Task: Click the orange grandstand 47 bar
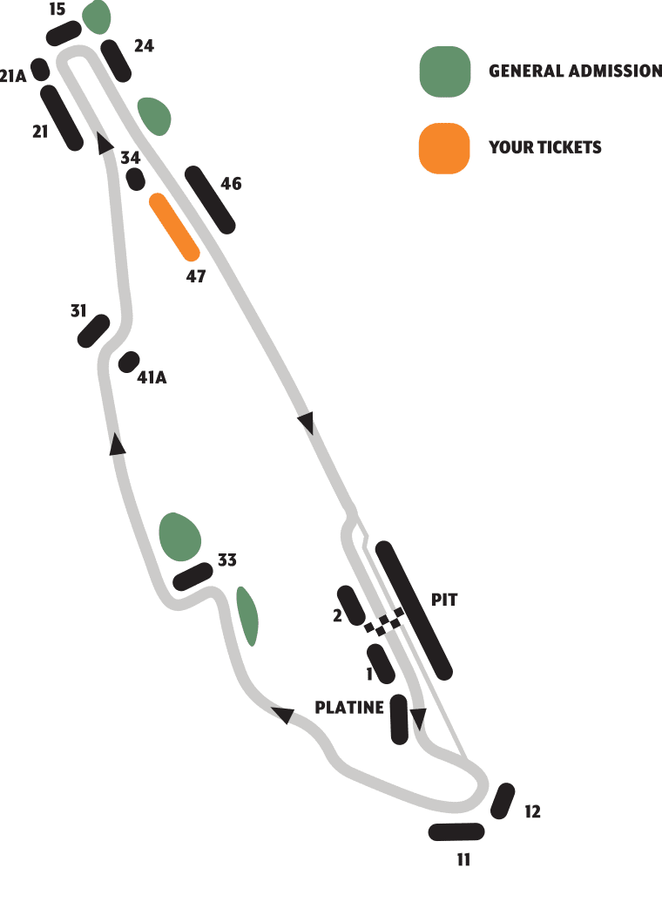coord(174,227)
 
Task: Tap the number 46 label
coord(231,184)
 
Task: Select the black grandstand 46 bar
coord(210,200)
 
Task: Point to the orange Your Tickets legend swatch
coord(444,148)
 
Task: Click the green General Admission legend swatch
coord(445,71)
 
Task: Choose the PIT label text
coord(444,600)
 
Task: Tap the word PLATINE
coord(349,708)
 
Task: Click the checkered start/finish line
coord(384,621)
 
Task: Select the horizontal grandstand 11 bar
coord(456,832)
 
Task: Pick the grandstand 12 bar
coord(503,801)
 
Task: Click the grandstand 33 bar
coord(193,576)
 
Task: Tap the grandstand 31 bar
coord(93,331)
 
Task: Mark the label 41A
coord(152,377)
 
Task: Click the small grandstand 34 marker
coord(135,180)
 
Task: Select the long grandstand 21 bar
coord(62,119)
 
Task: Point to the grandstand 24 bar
coord(116,61)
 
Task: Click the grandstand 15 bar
coord(64,33)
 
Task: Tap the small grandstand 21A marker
coord(40,70)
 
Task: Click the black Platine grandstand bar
coord(399,719)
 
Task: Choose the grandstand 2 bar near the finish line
coord(351,606)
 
